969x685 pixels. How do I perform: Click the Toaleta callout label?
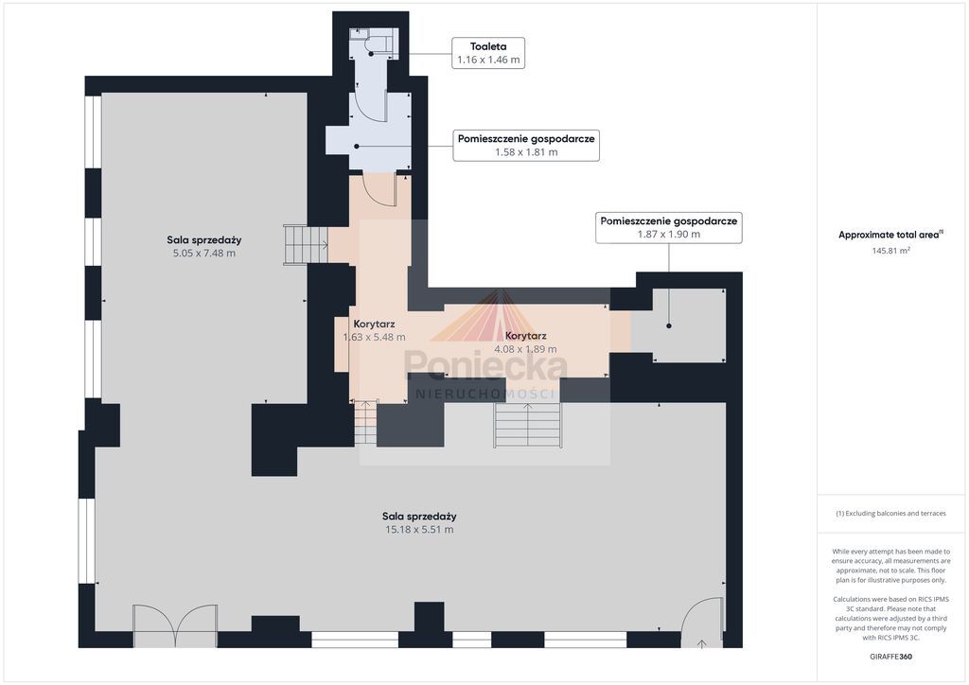click(488, 52)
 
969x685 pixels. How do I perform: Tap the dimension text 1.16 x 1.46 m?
click(488, 60)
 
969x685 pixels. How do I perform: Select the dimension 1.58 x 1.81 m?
click(526, 152)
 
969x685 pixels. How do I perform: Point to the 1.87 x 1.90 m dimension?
click(669, 234)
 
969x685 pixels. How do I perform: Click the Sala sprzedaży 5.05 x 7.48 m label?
click(204, 246)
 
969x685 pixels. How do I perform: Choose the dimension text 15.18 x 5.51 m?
click(419, 529)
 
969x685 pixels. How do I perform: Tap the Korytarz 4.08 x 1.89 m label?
click(525, 342)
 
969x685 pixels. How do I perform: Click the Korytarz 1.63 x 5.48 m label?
click(374, 330)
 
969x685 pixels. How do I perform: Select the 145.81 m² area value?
click(890, 251)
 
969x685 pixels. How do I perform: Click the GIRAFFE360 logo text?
click(890, 657)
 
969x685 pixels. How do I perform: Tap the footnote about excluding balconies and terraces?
click(890, 514)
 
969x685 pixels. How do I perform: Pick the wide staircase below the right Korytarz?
click(527, 425)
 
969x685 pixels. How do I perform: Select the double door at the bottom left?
click(175, 625)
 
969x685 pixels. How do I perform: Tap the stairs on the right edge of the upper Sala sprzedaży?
click(306, 245)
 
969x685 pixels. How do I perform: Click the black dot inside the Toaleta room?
click(371, 54)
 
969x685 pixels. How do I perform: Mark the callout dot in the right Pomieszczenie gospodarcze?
click(669, 325)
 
